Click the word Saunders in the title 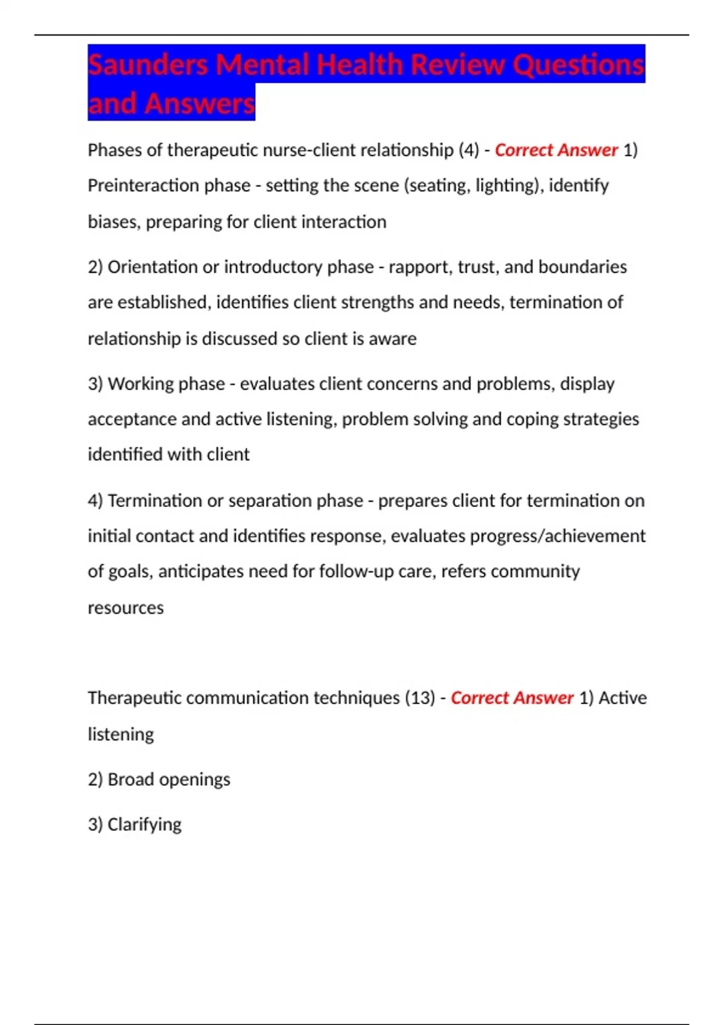[148, 65]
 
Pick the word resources [125, 608]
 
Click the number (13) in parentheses [420, 698]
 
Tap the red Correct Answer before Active [512, 698]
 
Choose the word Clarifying [144, 824]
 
